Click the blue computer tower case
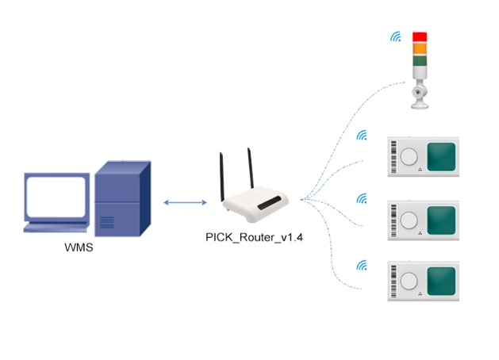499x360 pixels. [121, 198]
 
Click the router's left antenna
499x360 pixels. [224, 175]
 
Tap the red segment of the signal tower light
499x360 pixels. [420, 36]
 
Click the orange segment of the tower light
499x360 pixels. [420, 48]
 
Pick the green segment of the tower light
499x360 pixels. [420, 59]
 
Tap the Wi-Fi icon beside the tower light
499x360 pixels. [394, 36]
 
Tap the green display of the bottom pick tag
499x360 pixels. [442, 281]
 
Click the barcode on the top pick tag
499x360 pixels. [392, 156]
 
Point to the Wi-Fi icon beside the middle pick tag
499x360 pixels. [363, 197]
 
